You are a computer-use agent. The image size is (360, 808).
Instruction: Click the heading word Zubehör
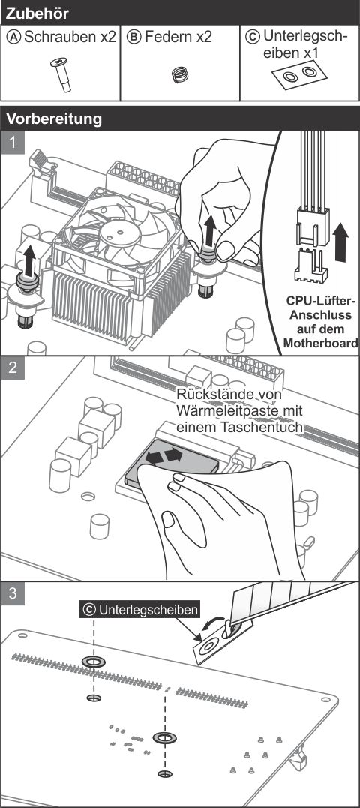(37, 13)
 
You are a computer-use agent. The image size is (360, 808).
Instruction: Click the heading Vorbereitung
(54, 119)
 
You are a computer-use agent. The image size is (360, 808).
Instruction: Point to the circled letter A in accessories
(15, 37)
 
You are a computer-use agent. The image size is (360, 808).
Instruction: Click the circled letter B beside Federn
(134, 37)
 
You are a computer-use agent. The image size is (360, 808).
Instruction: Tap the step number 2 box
(12, 368)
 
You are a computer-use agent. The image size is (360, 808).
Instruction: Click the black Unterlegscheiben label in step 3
(140, 610)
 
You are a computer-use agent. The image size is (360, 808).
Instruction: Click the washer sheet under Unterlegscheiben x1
(301, 74)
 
